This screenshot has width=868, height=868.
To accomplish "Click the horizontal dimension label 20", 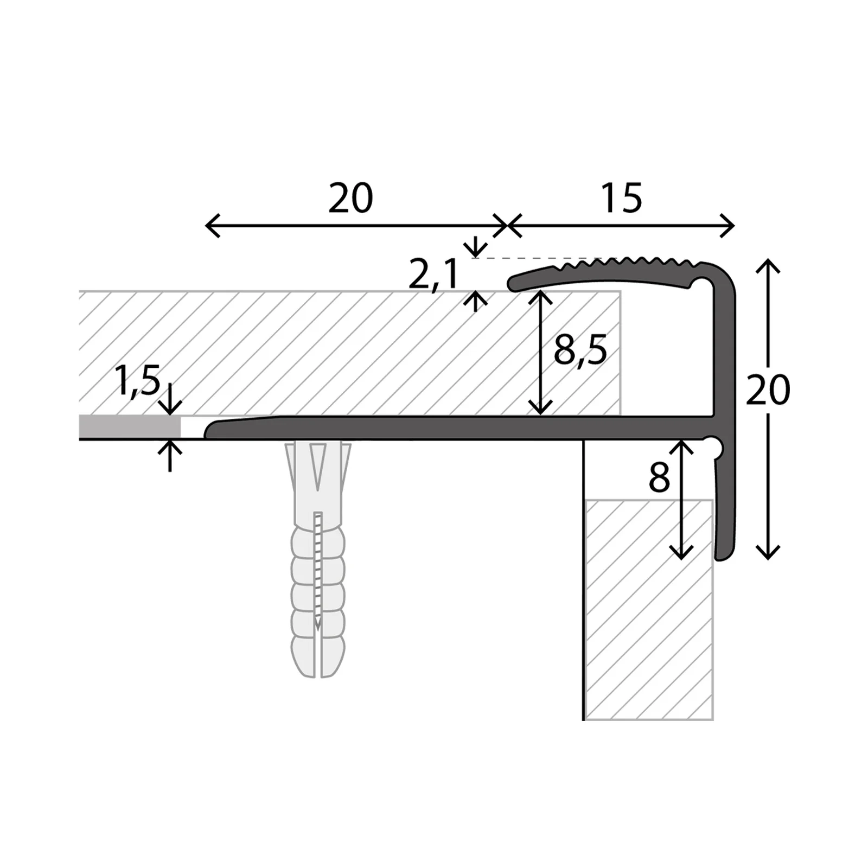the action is pyautogui.click(x=350, y=198).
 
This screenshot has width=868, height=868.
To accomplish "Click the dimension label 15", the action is pyautogui.click(x=621, y=198).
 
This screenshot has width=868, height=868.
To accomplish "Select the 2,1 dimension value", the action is pyautogui.click(x=433, y=275).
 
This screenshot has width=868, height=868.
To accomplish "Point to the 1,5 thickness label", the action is pyautogui.click(x=138, y=381).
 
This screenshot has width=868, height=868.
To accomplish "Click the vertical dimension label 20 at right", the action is pyautogui.click(x=768, y=390).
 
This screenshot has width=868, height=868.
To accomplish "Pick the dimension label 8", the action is pyautogui.click(x=659, y=478).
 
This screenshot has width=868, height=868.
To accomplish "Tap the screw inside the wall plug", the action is pyautogui.click(x=318, y=570).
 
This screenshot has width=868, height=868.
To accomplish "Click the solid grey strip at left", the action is pyautogui.click(x=130, y=426).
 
